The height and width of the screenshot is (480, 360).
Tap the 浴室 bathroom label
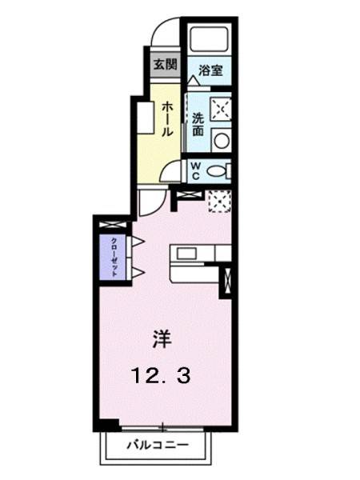pos(211,70)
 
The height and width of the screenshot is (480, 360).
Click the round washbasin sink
pos(221,142)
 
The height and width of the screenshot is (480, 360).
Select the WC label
pos(195,170)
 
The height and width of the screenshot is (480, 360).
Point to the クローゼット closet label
pos(114,257)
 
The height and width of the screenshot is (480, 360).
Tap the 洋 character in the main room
pos(162,339)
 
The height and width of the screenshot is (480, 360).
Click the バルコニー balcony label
pos(157,443)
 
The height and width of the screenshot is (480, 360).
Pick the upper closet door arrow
pos(137,241)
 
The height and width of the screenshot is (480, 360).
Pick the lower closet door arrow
pos(137,273)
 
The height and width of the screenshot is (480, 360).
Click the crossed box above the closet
pos(113,224)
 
